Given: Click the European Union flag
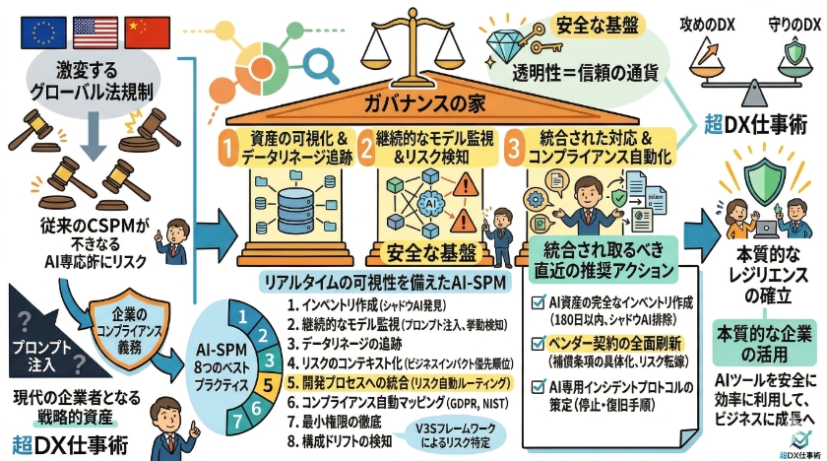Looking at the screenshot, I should tap(43, 33).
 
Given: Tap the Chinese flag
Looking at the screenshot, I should tap(147, 33).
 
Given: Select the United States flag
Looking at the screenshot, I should tap(95, 33).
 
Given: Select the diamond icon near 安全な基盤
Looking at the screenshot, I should tap(509, 40).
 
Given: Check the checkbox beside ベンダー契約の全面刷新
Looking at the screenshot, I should tap(538, 343).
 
